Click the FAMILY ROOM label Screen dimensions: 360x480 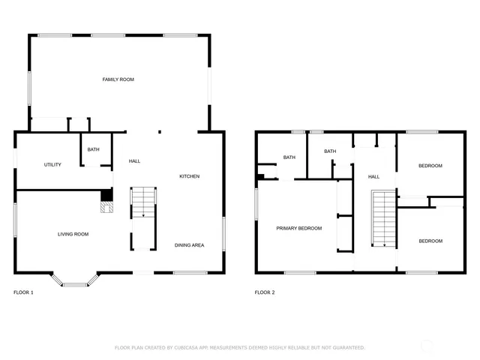118,79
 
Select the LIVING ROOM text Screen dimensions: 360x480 73,234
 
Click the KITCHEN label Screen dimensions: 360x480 189,176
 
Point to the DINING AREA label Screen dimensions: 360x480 189,245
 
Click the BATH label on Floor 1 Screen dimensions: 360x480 93,149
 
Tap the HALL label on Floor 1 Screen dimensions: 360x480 134,160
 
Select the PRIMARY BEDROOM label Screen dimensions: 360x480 298,228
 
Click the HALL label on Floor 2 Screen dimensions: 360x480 373,177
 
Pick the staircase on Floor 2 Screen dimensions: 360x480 383,217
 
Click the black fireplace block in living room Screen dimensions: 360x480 106,195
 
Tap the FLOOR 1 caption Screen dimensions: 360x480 23,292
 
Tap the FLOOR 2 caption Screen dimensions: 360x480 264,292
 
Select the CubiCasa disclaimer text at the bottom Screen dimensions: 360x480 239,347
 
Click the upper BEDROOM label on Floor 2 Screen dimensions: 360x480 430,166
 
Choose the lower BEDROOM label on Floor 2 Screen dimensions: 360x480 430,241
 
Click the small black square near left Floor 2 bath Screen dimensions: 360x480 259,177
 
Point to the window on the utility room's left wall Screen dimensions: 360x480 15,161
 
